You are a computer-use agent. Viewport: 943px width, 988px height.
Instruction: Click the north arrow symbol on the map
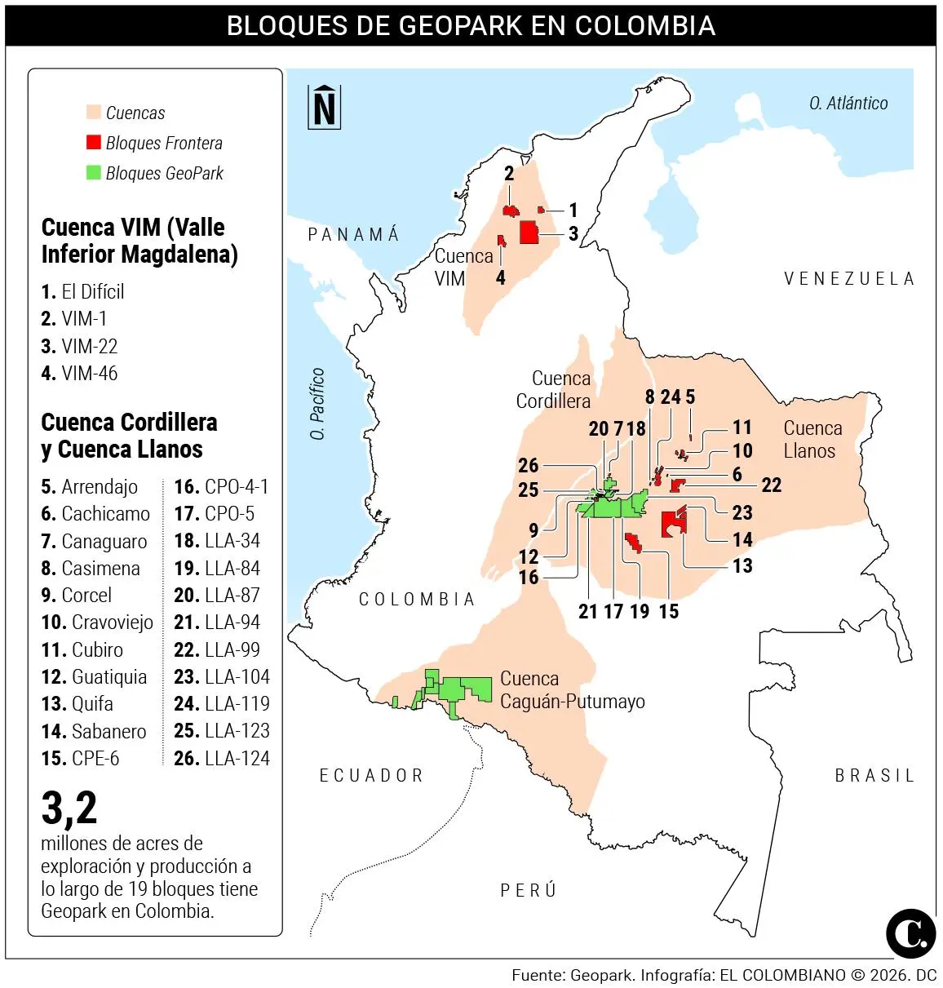pyautogui.click(x=324, y=107)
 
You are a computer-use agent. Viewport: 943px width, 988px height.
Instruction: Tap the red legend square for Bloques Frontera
pyautogui.click(x=94, y=143)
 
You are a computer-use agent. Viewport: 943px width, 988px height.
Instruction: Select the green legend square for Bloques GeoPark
pyautogui.click(x=94, y=173)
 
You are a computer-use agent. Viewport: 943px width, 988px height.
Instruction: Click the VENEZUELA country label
pyautogui.click(x=848, y=279)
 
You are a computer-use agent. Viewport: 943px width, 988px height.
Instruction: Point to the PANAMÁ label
pyautogui.click(x=353, y=235)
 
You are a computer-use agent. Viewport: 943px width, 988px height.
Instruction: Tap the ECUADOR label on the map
pyautogui.click(x=371, y=775)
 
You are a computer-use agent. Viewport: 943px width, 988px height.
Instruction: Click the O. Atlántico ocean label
pyautogui.click(x=848, y=104)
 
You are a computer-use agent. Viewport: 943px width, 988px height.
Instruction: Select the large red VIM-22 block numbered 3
pyautogui.click(x=529, y=233)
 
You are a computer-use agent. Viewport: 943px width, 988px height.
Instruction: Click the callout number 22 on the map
pyautogui.click(x=771, y=485)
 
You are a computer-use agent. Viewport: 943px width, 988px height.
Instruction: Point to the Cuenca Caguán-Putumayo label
pyautogui.click(x=571, y=690)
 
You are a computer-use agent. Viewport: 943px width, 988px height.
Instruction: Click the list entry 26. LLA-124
pyautogui.click(x=221, y=758)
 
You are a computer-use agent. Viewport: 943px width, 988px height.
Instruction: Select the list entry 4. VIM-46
pyautogui.click(x=79, y=374)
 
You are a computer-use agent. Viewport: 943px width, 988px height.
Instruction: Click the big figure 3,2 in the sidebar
pyautogui.click(x=69, y=808)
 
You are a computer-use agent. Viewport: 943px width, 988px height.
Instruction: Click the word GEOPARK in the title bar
pyautogui.click(x=462, y=26)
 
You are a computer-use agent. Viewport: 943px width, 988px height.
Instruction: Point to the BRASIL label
pyautogui.click(x=874, y=776)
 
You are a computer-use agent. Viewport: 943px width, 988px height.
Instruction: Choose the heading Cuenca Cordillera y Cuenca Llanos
pyautogui.click(x=129, y=436)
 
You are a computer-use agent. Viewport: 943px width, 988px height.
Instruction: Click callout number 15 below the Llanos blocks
pyautogui.click(x=668, y=612)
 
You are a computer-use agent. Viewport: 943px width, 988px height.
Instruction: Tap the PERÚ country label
pyautogui.click(x=528, y=890)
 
